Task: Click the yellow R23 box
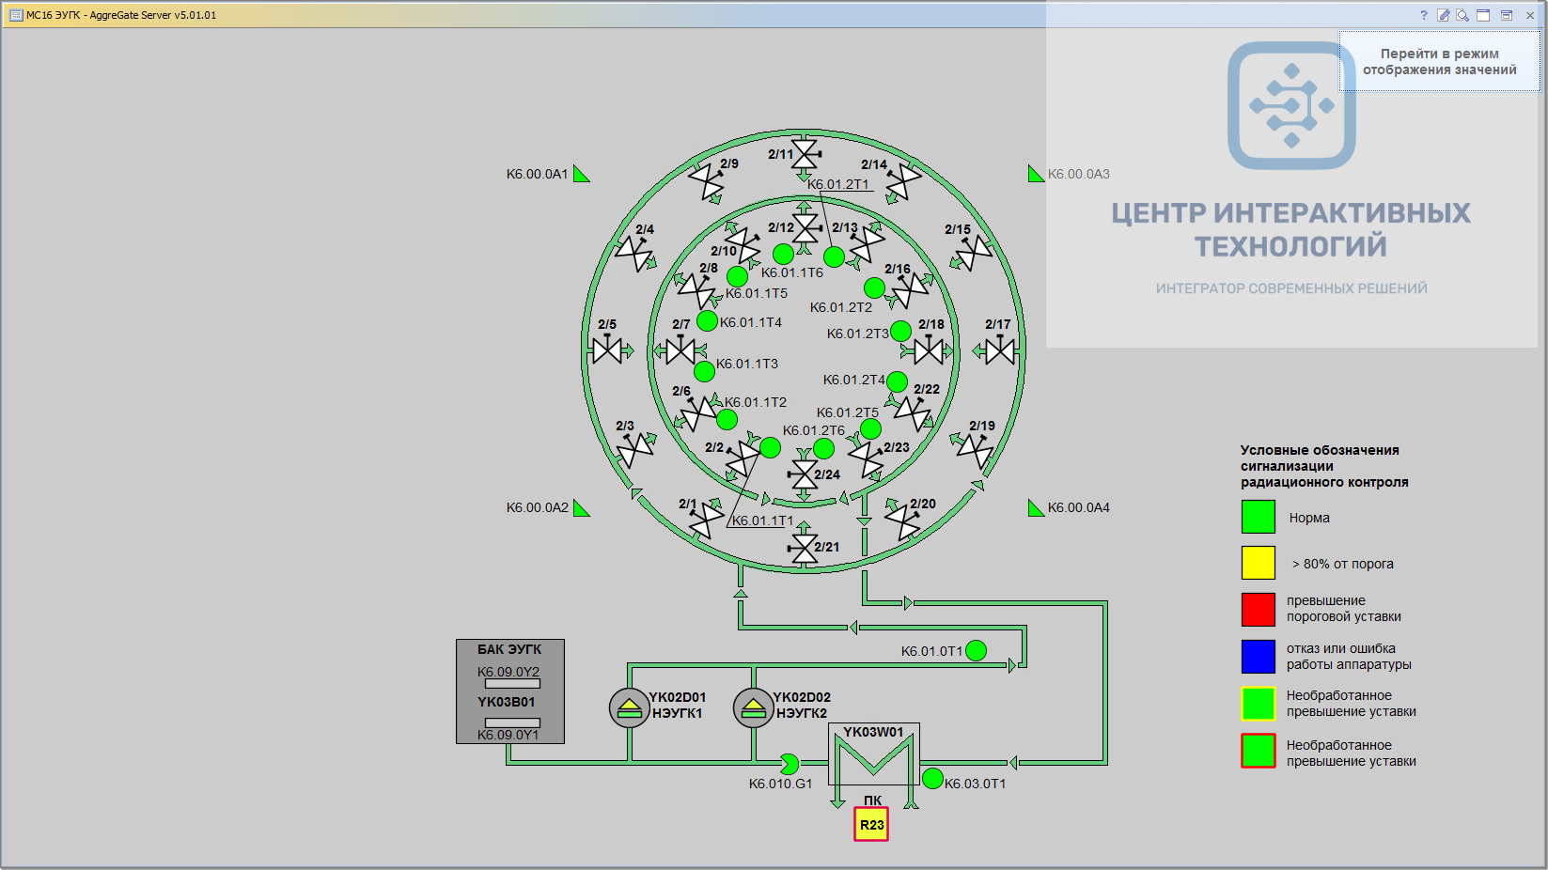[x=870, y=824]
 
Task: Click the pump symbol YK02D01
[x=629, y=707]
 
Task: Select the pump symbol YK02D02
[x=753, y=707]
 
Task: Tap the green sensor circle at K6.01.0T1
[x=976, y=650]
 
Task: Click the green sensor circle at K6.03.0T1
[x=932, y=779]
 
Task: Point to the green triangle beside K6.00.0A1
[x=581, y=174]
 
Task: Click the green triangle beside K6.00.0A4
[x=1035, y=508]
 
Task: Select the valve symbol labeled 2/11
[x=805, y=154]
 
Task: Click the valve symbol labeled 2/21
[x=803, y=548]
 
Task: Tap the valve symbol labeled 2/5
[x=607, y=350]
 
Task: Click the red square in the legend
[x=1258, y=610]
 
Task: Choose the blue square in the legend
[x=1258, y=657]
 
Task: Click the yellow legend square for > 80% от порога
[x=1258, y=563]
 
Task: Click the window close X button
[x=1529, y=15]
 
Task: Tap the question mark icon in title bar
[x=1424, y=15]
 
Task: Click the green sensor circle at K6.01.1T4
[x=707, y=320]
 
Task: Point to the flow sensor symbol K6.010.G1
[x=789, y=764]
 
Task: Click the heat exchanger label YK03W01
[x=873, y=732]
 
